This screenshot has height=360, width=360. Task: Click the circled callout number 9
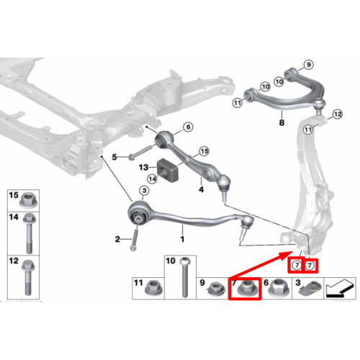click(309, 65)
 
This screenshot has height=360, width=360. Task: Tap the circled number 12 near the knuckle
click(337, 114)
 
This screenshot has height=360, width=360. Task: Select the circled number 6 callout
click(188, 127)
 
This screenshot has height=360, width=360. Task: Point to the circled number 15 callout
click(204, 151)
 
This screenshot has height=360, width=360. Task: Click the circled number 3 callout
click(144, 191)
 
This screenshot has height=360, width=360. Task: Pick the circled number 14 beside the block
click(153, 179)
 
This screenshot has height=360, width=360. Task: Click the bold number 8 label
click(282, 122)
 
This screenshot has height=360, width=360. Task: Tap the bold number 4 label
click(201, 189)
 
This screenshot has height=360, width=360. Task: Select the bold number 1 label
click(182, 239)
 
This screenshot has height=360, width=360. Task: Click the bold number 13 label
click(143, 167)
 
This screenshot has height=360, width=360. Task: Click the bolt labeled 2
click(135, 240)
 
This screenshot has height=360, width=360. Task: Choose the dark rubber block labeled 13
click(168, 171)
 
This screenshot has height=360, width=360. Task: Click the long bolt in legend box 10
click(184, 277)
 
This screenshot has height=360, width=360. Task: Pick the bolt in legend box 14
click(29, 233)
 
